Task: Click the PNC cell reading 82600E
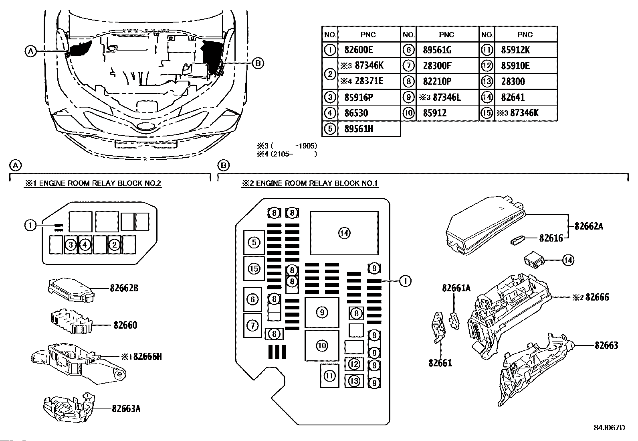click(x=359, y=50)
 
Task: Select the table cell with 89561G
click(x=437, y=50)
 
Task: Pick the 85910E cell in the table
click(x=515, y=65)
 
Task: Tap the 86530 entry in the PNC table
click(x=356, y=113)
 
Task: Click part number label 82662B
click(x=124, y=288)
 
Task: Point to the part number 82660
click(x=125, y=325)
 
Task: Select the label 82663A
click(x=126, y=408)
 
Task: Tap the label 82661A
click(x=456, y=288)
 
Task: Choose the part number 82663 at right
click(x=606, y=345)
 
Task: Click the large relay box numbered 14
click(x=344, y=233)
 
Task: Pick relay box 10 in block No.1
click(x=322, y=345)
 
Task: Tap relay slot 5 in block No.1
click(x=254, y=242)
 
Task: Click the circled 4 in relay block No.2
click(x=85, y=244)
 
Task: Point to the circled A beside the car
click(x=30, y=51)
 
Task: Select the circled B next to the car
click(x=258, y=63)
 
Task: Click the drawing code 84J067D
click(x=610, y=428)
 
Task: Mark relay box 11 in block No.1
click(x=329, y=376)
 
